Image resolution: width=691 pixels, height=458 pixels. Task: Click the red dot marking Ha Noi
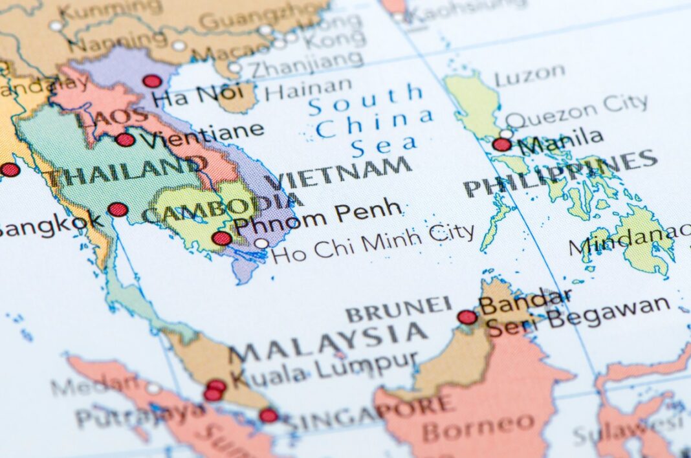[x=152, y=81]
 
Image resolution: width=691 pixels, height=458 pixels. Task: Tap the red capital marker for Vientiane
[x=125, y=140]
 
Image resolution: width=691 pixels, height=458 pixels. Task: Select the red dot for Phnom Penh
[x=221, y=238]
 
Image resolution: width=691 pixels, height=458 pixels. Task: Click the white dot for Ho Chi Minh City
[x=261, y=244]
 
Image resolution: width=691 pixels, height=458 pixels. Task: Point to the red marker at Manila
[x=501, y=144]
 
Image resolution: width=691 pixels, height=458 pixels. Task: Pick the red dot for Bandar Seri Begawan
[x=467, y=317]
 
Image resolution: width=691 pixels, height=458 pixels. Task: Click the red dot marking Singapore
[x=269, y=415]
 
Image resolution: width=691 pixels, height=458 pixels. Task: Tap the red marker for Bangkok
[x=117, y=210]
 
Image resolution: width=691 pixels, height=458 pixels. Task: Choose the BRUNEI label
[x=399, y=310]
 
